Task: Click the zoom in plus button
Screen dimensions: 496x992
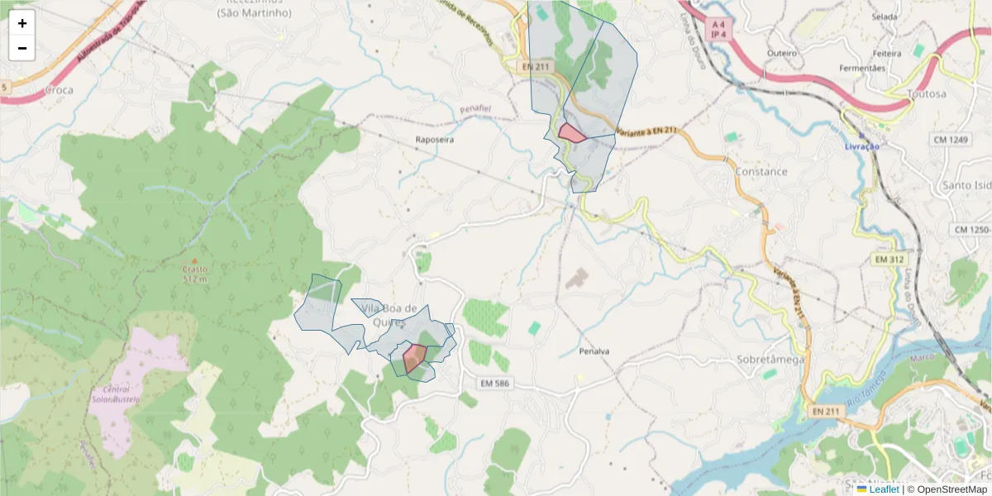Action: (22, 23)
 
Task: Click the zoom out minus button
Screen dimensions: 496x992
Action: (22, 48)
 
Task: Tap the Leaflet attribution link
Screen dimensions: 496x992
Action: (884, 489)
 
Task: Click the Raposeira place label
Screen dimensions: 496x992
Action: (435, 140)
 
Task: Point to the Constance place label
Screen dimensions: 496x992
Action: (761, 171)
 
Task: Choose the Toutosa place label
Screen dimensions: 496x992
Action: (926, 93)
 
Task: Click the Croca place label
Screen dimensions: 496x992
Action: (59, 89)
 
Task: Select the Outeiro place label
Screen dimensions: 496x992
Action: (781, 53)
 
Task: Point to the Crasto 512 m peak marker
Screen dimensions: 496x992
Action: (195, 262)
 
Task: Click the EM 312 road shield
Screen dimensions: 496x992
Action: (889, 259)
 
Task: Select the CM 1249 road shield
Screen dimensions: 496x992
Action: (951, 140)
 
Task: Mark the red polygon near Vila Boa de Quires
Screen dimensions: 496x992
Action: (414, 358)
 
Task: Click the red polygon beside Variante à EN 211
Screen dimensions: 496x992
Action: (571, 133)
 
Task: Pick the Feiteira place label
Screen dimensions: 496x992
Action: (887, 53)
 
